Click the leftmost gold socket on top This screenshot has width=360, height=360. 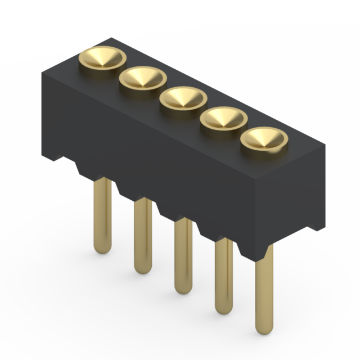click(102, 58)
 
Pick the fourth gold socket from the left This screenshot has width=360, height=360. click(224, 119)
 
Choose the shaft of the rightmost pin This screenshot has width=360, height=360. click(264, 292)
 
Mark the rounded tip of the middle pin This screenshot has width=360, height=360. click(183, 289)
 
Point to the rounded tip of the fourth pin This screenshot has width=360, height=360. click(224, 309)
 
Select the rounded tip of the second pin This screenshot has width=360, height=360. click(143, 268)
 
